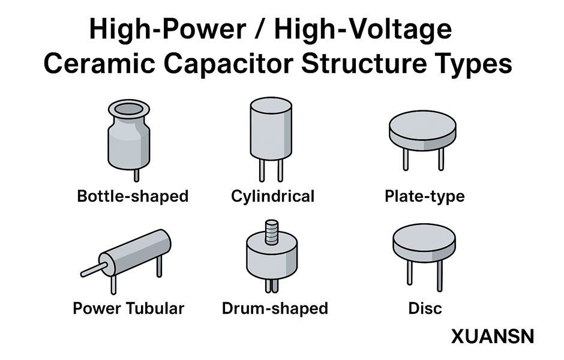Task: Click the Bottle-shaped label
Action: point(133,196)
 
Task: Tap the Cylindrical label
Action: point(272,196)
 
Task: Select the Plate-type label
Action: point(424,196)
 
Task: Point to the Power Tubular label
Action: point(128,308)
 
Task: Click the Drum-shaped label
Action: point(275,308)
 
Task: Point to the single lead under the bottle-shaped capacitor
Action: point(136,175)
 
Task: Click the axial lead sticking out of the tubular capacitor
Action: point(92,271)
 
